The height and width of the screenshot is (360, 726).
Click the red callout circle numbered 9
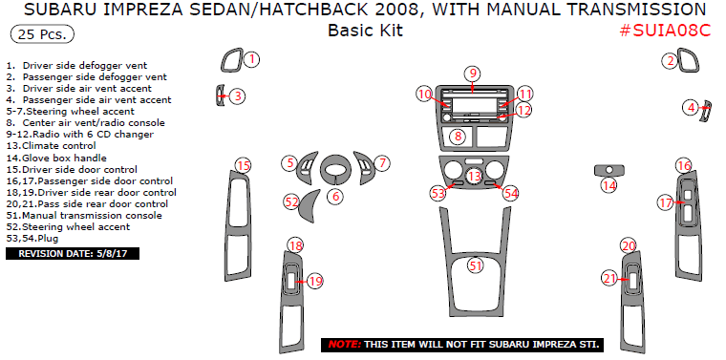click(x=472, y=74)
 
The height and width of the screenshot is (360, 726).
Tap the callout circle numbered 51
click(x=475, y=265)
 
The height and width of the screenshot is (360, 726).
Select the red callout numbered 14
click(x=609, y=186)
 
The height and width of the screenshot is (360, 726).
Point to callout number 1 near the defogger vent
click(x=251, y=60)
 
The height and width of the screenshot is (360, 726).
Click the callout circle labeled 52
click(x=291, y=201)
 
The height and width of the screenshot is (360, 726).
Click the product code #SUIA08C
click(x=665, y=31)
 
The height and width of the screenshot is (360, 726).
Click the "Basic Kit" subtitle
click(x=365, y=31)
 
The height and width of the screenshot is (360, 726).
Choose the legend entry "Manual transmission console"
click(x=84, y=216)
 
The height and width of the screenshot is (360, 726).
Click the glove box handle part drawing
click(x=609, y=170)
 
